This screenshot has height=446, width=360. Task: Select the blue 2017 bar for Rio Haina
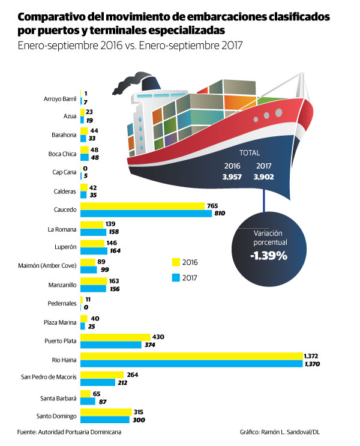click(x=191, y=364)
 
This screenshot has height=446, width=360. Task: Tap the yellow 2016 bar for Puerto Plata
click(x=115, y=337)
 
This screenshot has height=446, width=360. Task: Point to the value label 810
click(x=220, y=214)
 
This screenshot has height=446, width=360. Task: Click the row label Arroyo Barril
click(x=60, y=99)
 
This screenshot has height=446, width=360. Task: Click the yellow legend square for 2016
click(x=176, y=262)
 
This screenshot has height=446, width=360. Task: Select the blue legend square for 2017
click(x=176, y=277)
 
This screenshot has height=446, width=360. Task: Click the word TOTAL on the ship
click(x=250, y=153)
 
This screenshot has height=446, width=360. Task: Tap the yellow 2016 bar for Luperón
click(x=92, y=244)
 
